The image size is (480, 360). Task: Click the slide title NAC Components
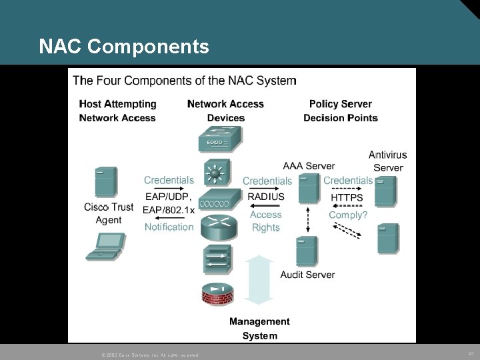coord(124,47)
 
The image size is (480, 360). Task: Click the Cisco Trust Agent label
coord(109,213)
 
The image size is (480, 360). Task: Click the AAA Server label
coord(309,165)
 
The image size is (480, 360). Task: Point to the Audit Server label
coord(307,275)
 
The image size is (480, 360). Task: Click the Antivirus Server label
coord(387,161)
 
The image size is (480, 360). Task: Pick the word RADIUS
coord(266,197)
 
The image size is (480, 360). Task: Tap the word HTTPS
coord(347,197)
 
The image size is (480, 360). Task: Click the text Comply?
coord(347,215)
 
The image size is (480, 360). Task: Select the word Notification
coord(169,227)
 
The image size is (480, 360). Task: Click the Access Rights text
coord(266,221)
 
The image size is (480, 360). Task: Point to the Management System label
coord(259,329)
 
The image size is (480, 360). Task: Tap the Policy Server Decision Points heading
coord(341,111)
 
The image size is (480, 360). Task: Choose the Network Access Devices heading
coord(225,111)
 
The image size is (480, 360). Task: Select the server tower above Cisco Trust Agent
coord(105,182)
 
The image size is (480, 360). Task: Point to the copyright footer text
coord(149,354)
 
